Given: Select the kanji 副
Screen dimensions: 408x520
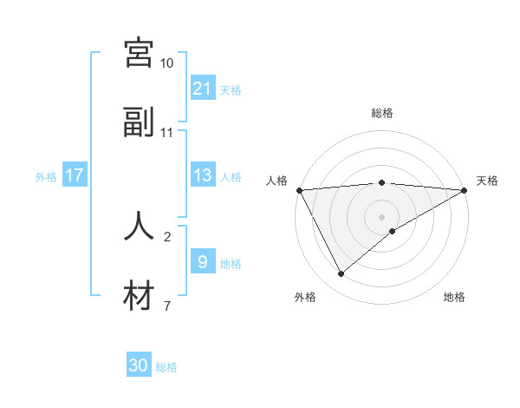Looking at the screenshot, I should click(x=139, y=122).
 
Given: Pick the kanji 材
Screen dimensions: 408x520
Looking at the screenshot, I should click(x=139, y=296).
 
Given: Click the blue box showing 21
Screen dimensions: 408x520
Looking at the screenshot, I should click(x=203, y=88).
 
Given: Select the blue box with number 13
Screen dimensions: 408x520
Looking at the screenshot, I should click(x=203, y=175).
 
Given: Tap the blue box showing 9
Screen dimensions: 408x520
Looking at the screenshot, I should click(x=203, y=261).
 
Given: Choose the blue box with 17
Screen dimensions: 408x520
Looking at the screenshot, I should click(x=75, y=175).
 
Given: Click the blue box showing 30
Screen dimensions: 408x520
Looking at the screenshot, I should click(x=139, y=365).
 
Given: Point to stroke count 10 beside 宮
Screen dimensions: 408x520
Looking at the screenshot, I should click(x=167, y=63).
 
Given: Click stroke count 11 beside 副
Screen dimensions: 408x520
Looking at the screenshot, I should click(x=167, y=133).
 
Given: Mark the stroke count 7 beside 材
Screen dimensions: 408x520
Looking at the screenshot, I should click(x=167, y=306).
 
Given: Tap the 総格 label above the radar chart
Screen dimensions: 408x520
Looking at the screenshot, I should click(x=381, y=113).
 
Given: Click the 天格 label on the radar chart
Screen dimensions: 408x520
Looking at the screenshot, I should click(x=487, y=181).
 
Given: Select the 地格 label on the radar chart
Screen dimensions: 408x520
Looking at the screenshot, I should click(x=454, y=297).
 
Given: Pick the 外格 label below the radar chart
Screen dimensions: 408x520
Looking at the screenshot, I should click(x=305, y=297).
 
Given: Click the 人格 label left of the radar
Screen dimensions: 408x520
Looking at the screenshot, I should click(x=276, y=181).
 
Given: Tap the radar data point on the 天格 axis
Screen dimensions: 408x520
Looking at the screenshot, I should click(x=465, y=190).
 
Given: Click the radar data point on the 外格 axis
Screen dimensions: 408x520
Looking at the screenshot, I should click(x=341, y=274).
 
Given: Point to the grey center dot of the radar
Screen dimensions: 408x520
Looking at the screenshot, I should click(x=381, y=216).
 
